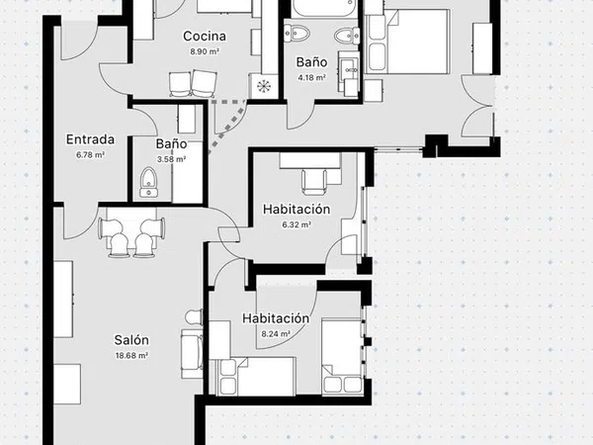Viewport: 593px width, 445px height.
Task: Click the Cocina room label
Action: pos(205,37)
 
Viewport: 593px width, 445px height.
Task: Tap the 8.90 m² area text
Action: pos(205,51)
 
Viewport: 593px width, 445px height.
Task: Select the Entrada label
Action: pos(90,139)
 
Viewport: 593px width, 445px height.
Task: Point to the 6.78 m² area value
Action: pos(90,155)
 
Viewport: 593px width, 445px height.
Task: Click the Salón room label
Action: pos(131,340)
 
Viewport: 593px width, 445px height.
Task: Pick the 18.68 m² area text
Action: pos(131,356)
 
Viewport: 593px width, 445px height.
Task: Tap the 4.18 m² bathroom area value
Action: pos(312,78)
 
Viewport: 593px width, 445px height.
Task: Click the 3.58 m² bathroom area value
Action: pos(171,159)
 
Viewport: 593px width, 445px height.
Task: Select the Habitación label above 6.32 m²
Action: pos(296,209)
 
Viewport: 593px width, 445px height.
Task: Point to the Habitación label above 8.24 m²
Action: pos(276,318)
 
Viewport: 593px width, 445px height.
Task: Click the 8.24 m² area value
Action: pos(276,334)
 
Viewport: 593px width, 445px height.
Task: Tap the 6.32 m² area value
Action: pos(296,224)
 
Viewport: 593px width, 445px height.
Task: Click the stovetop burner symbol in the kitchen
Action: pos(264,86)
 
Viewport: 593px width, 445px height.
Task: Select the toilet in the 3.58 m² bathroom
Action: pos(149,182)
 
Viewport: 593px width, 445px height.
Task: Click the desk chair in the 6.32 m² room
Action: pos(314,182)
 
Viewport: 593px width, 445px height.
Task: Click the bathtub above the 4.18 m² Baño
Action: pos(324,8)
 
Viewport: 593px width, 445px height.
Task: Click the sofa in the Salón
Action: pos(192,354)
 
